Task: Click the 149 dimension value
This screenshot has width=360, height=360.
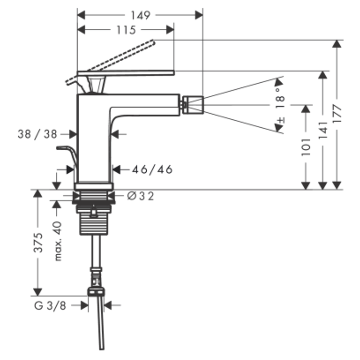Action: pos(140,15)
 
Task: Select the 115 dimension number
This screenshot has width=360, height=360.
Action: pos(126,30)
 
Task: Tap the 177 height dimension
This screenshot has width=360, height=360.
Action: pos(337,114)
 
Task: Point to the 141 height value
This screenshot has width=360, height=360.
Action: pos(323,130)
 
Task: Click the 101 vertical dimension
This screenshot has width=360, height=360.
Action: pos(306,147)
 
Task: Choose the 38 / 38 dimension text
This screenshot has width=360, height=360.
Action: pos(37,134)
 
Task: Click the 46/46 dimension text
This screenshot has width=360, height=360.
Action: pos(152,170)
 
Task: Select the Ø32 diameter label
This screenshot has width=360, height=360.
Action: pos(140,196)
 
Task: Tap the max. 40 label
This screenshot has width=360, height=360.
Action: pos(58,241)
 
